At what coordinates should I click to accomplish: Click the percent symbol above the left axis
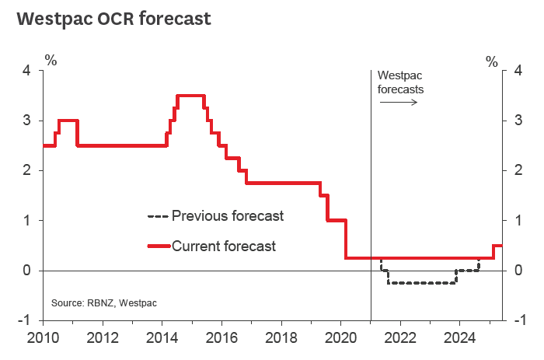[51, 58]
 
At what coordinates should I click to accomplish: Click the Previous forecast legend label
[228, 215]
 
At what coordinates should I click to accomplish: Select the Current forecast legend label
[224, 246]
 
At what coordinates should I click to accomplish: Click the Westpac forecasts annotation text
[401, 82]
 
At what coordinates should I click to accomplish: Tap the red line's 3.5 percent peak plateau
[191, 96]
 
